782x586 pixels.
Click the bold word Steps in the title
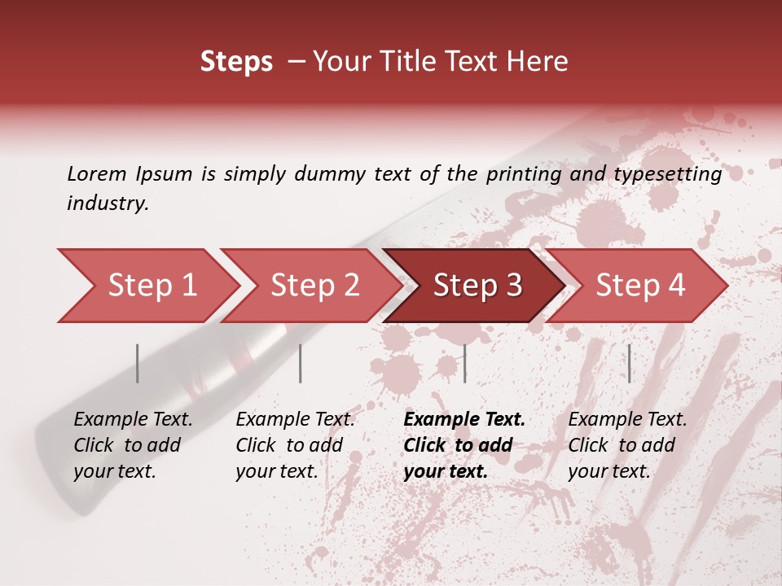pyautogui.click(x=236, y=62)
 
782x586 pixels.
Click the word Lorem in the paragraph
pyautogui.click(x=96, y=173)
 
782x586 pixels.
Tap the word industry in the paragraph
pyautogui.click(x=107, y=203)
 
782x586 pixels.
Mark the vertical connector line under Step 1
pyautogui.click(x=138, y=363)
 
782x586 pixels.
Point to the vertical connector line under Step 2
pyautogui.click(x=301, y=363)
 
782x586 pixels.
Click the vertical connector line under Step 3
pyautogui.click(x=464, y=363)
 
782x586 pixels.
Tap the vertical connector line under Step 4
pyautogui.click(x=629, y=363)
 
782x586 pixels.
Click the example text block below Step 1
pyautogui.click(x=133, y=445)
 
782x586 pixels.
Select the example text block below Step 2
pyautogui.click(x=295, y=445)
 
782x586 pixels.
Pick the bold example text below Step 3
pyautogui.click(x=464, y=445)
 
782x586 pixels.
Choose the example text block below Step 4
pyautogui.click(x=627, y=445)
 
